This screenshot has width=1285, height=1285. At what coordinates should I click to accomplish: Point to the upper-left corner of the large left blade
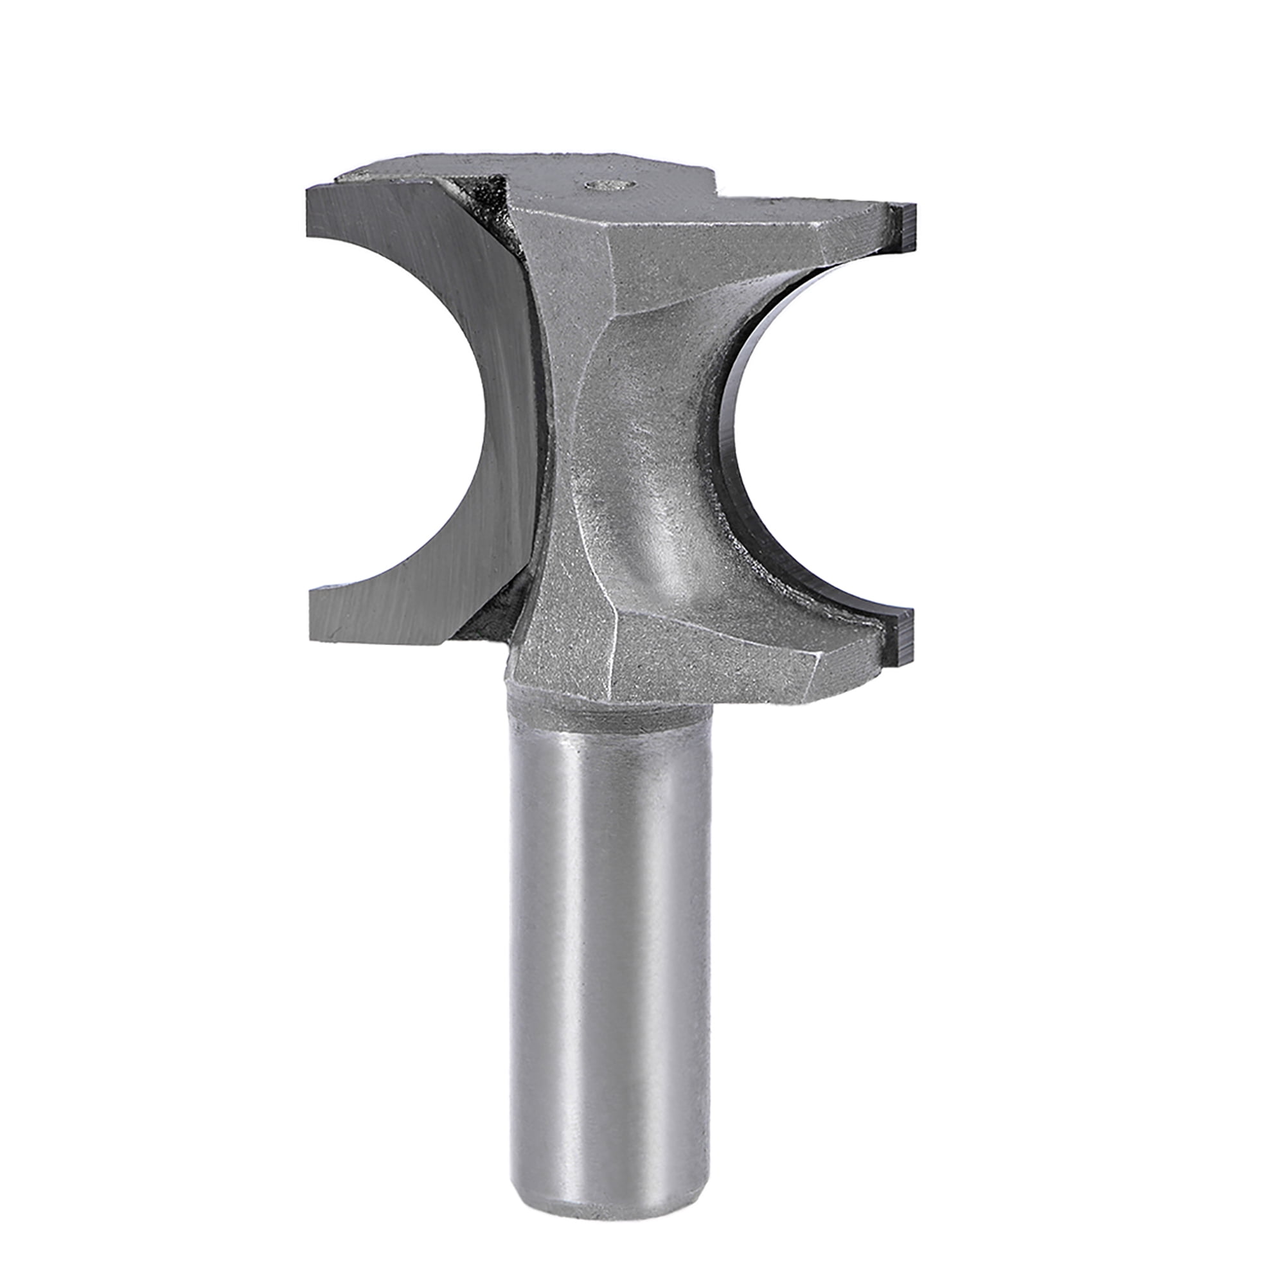pyautogui.click(x=308, y=191)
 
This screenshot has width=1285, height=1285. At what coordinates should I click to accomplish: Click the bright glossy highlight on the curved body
pyautogui.click(x=672, y=545)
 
